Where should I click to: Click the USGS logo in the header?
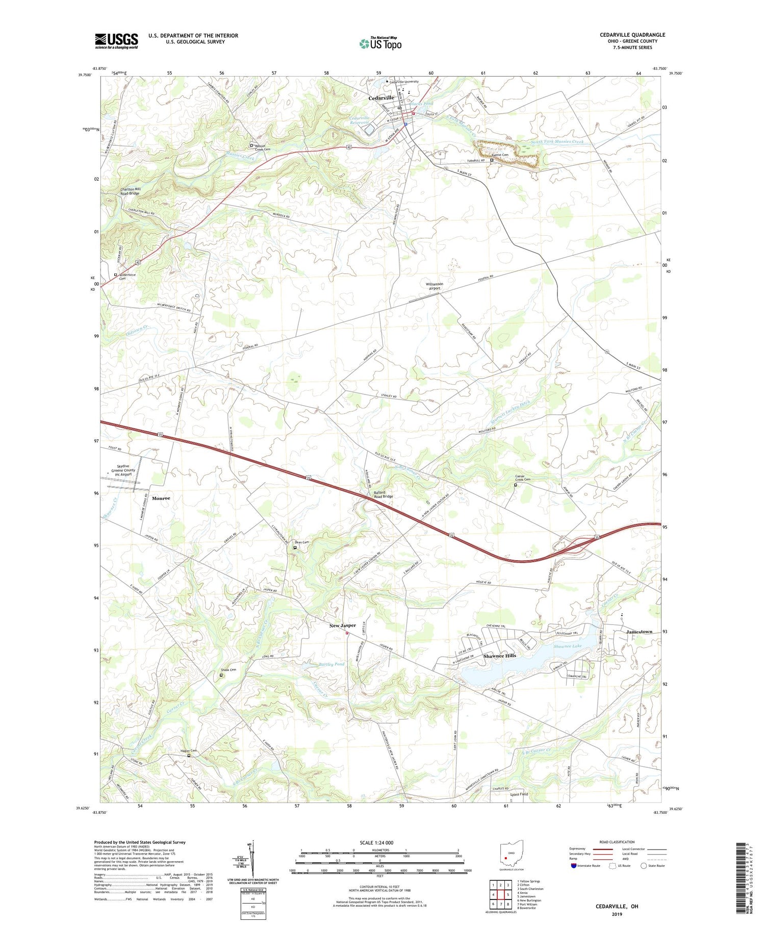[x=116, y=41]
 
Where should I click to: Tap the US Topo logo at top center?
[x=380, y=44]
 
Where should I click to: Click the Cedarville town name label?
[x=381, y=97]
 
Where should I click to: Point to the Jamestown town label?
[x=639, y=632]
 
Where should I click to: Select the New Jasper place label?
[x=342, y=626]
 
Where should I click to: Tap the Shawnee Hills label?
[x=499, y=656]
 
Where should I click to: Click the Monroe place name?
[x=161, y=498]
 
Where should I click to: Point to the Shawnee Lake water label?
[x=568, y=646]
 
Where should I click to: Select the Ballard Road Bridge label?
[x=384, y=494]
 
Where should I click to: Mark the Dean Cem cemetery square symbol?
[x=295, y=548]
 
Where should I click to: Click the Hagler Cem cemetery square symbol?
[x=189, y=756]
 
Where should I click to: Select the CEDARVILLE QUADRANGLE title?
[x=632, y=35]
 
